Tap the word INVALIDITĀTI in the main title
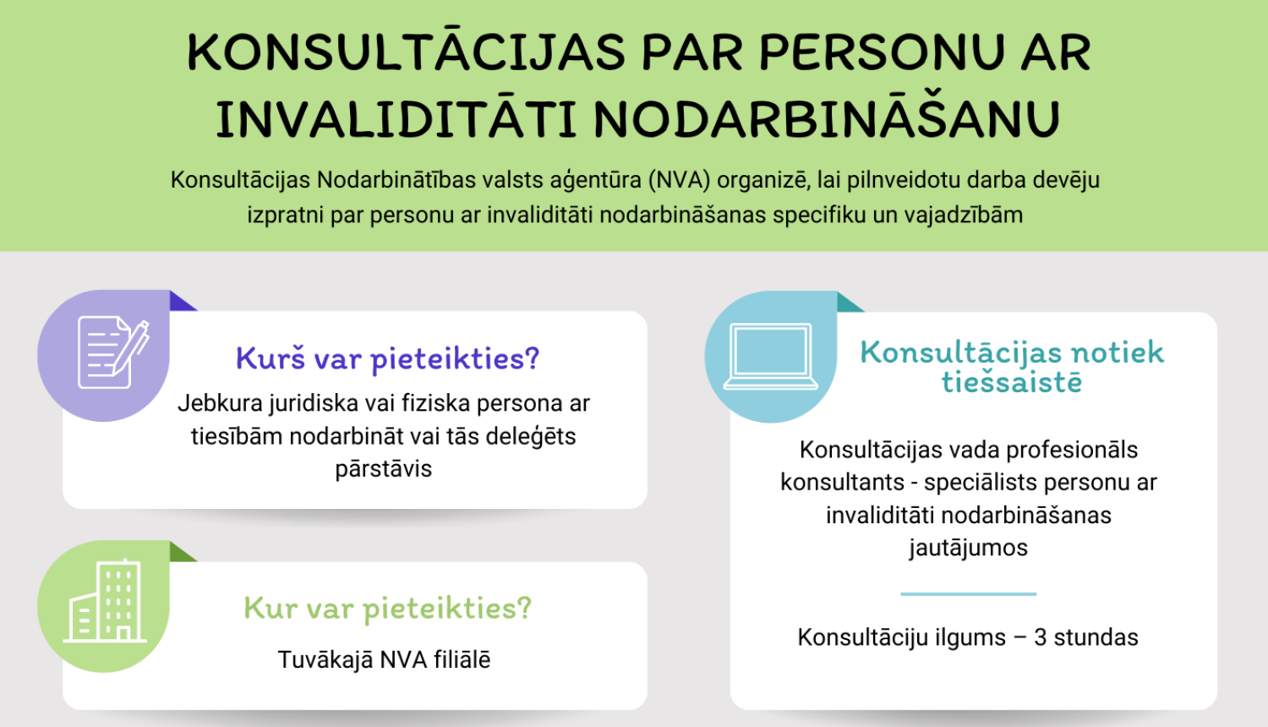(x=395, y=120)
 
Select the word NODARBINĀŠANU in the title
(x=826, y=120)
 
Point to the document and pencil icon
(x=112, y=353)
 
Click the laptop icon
(x=771, y=356)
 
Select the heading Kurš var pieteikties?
(x=387, y=358)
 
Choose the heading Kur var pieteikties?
(x=387, y=608)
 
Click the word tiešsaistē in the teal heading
(x=1012, y=382)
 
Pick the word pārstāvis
(x=383, y=469)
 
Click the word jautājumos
(x=968, y=548)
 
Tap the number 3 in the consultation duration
(x=1041, y=637)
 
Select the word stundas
(x=1096, y=637)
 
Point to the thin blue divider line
(x=968, y=594)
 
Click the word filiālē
(x=462, y=660)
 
